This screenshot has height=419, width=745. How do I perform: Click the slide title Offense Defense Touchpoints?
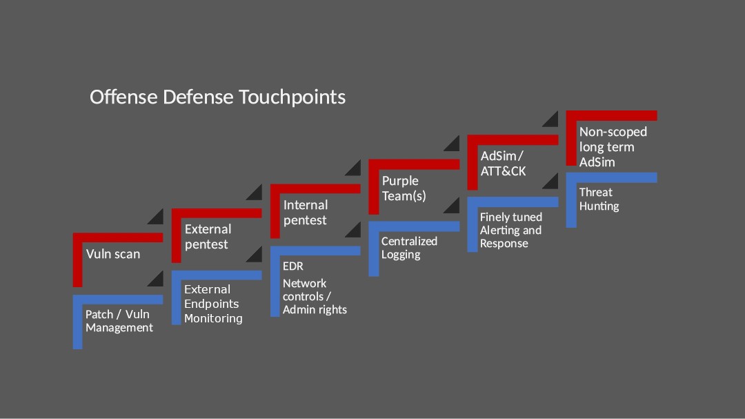[217, 97]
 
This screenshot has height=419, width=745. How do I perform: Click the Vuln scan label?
[113, 254]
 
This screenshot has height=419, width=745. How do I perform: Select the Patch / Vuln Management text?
[119, 321]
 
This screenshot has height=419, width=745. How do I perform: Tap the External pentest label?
[208, 236]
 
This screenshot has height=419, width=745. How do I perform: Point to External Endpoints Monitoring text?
[213, 304]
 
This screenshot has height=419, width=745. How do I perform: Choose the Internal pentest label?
[306, 213]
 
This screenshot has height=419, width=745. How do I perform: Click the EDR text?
[292, 266]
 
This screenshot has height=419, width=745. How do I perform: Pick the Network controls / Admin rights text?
[315, 296]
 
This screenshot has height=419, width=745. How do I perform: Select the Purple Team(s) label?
[404, 188]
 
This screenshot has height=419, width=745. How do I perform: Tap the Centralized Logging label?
[409, 248]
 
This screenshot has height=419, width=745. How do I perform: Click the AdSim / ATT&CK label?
[503, 164]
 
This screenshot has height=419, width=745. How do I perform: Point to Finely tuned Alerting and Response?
[510, 230]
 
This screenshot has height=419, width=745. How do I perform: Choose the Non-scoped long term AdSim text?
[613, 147]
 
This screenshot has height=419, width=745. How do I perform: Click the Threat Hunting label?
[599, 199]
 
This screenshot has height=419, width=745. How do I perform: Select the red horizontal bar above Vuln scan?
[118, 237]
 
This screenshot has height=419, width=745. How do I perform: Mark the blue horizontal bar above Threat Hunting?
[611, 177]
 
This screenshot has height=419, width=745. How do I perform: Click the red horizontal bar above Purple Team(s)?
[414, 164]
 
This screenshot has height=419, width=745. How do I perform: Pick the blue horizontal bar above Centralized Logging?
[414, 226]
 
